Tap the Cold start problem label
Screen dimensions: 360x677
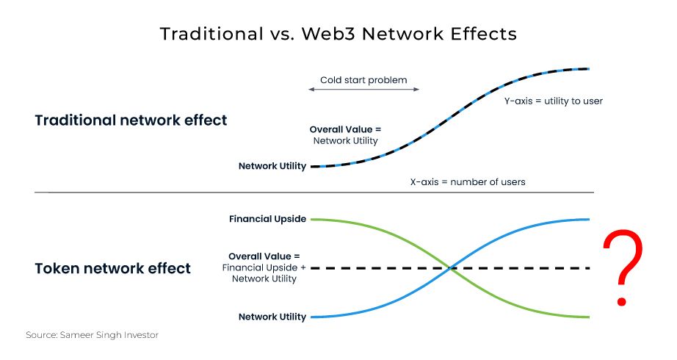[363, 80]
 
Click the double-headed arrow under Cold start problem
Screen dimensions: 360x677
[363, 90]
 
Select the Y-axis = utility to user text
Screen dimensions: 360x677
[553, 101]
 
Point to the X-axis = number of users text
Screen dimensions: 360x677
[467, 181]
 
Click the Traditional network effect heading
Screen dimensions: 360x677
[131, 120]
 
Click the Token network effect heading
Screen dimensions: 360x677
[112, 268]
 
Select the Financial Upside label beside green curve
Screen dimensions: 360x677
[267, 219]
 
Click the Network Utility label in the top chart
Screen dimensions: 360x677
[272, 166]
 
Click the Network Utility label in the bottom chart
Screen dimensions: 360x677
[272, 317]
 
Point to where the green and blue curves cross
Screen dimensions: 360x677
[451, 268]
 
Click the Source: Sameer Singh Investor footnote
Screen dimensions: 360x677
[92, 335]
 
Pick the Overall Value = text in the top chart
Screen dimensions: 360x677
[345, 129]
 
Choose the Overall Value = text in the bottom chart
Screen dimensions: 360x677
[264, 256]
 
